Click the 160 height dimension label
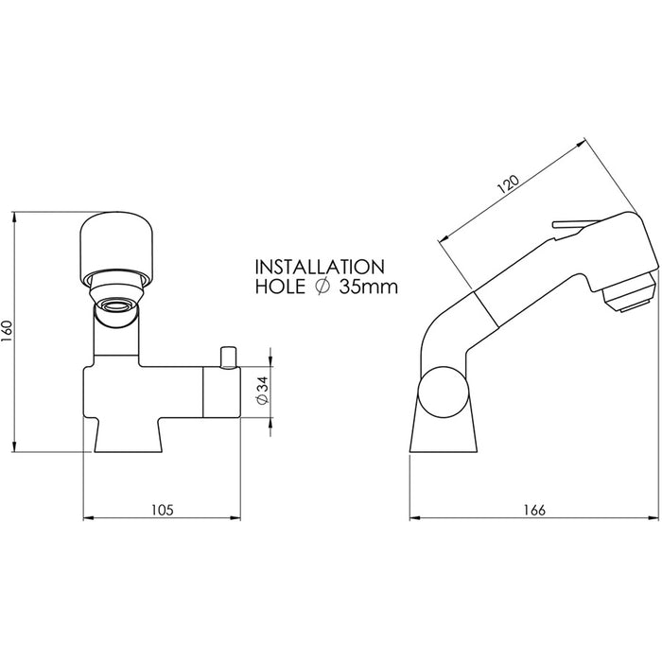(9, 332)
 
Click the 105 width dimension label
(163, 510)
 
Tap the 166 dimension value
(534, 510)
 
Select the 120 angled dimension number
(508, 184)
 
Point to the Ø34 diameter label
(263, 391)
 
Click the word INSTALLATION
(320, 267)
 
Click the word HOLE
(280, 287)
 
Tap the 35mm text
(369, 287)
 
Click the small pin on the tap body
(228, 357)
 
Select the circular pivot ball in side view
(444, 392)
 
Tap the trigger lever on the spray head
(574, 226)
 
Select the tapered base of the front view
(128, 435)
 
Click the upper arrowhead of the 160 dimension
(15, 217)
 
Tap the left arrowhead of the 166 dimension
(415, 517)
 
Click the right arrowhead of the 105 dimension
(235, 517)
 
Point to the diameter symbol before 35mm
(322, 287)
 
